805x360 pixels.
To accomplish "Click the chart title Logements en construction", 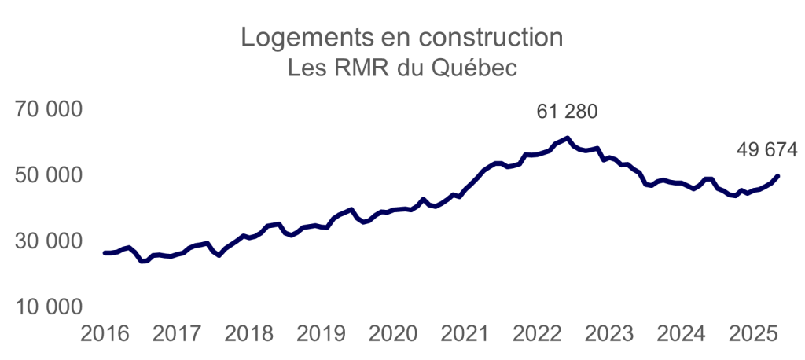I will click(x=402, y=38).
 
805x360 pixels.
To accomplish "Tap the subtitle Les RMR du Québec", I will click(x=402, y=68).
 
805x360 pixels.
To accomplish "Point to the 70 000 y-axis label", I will click(x=49, y=111).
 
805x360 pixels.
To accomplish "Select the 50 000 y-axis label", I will click(x=49, y=175).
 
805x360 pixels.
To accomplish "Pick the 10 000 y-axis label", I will click(x=49, y=306).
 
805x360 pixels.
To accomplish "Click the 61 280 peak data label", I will click(x=567, y=112).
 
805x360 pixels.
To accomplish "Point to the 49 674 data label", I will click(x=766, y=149).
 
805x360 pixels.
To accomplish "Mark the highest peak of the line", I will click(x=568, y=138).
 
